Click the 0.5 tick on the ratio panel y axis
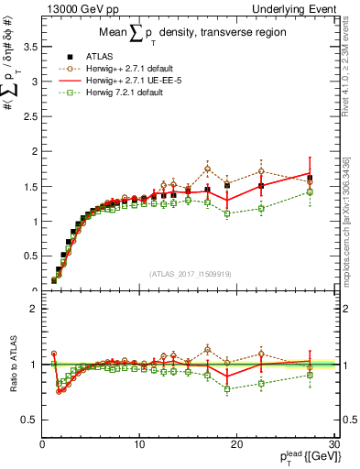pos(29,420)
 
